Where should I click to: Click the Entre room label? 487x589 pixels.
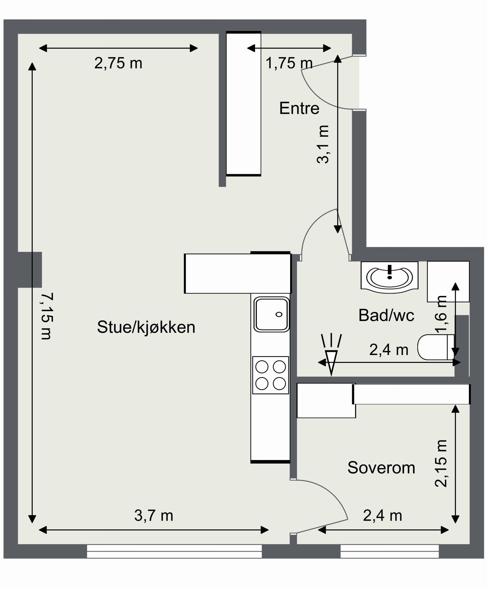[x=299, y=108]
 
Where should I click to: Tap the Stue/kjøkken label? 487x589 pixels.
[x=146, y=327]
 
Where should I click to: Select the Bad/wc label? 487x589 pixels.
[x=386, y=315]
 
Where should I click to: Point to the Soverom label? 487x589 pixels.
[x=381, y=467]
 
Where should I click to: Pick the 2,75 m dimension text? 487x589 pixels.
[x=118, y=63]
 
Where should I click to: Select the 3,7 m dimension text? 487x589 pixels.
[x=154, y=516]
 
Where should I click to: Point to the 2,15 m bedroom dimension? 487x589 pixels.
[x=441, y=463]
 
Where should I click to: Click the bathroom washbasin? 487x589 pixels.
[x=389, y=277]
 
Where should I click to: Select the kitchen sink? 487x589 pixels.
[x=271, y=314]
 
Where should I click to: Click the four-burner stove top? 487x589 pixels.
[x=270, y=375]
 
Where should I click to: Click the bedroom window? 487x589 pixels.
[x=389, y=551]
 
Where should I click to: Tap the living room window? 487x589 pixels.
[x=174, y=551]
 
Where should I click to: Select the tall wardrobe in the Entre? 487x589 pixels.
[x=243, y=103]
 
